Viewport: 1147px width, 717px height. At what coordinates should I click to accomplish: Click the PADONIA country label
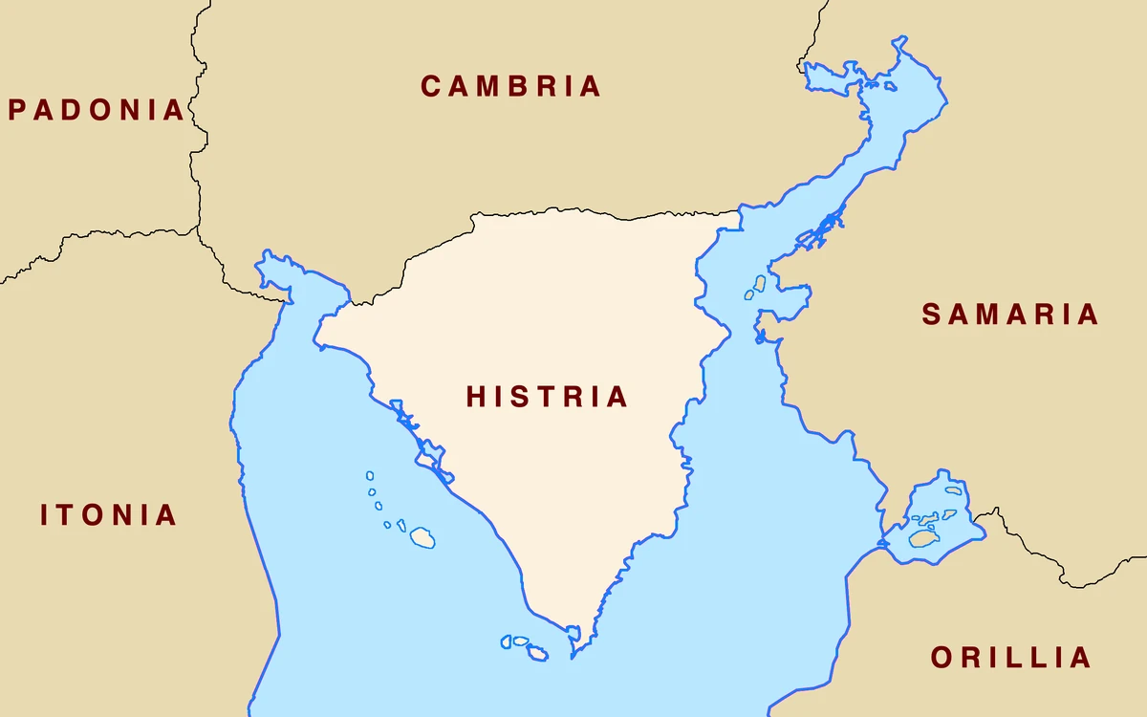(x=96, y=110)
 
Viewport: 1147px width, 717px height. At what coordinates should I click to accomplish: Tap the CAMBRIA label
(x=511, y=86)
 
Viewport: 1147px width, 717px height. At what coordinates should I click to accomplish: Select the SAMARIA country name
(x=1010, y=315)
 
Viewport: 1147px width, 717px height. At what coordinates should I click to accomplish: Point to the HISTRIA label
(x=547, y=397)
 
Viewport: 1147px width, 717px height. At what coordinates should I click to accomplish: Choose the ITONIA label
(x=108, y=515)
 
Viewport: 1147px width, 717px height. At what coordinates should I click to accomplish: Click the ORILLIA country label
(x=1010, y=658)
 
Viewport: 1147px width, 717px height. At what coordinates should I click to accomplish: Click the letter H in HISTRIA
(x=477, y=397)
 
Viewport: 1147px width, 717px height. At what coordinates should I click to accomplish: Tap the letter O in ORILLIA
(x=942, y=658)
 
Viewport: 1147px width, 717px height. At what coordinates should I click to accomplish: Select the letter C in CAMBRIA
(x=432, y=86)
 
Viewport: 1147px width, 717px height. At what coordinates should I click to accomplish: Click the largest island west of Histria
(x=422, y=537)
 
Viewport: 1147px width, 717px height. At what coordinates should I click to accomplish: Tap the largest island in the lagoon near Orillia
(x=922, y=539)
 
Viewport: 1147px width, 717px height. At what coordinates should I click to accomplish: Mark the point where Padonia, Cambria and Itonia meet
(x=199, y=228)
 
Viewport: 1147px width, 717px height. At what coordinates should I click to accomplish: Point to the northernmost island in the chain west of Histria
(x=370, y=475)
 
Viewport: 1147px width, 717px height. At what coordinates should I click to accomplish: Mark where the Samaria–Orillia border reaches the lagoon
(x=974, y=522)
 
